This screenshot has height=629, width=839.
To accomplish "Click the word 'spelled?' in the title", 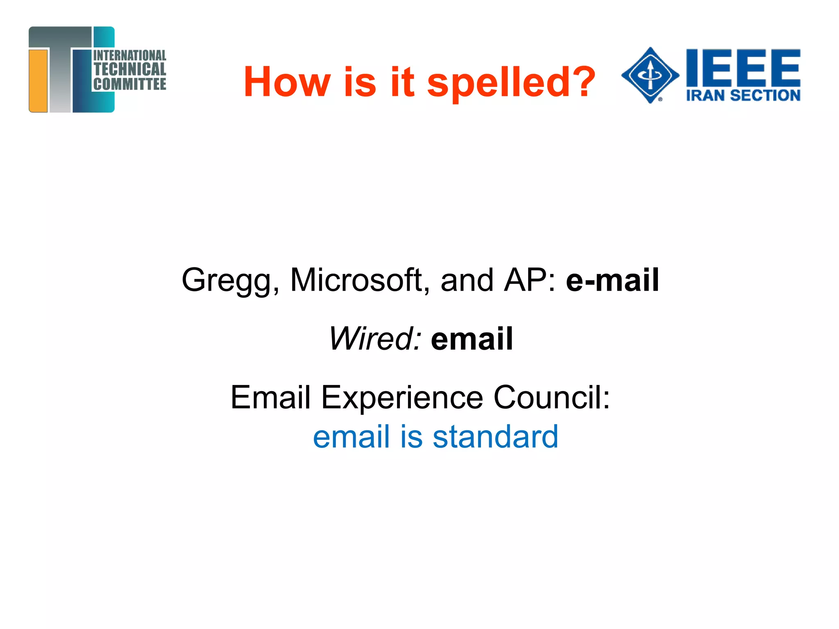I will point(511,83).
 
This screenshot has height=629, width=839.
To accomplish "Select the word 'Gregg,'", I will point(231,281).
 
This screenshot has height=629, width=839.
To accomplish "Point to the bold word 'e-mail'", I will point(612,280).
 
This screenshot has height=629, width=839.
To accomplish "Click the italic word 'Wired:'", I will point(375,339).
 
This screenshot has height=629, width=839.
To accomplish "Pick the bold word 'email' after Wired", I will point(472,339).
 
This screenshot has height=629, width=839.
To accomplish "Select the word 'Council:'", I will point(551,397).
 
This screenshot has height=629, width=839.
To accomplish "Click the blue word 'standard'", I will point(495,437).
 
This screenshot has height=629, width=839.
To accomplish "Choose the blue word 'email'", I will point(351,437).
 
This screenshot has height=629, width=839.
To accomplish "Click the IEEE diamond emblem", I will point(650,75).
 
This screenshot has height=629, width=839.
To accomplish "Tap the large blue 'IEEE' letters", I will point(743,67).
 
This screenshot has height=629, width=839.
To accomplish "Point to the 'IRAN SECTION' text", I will point(743,95).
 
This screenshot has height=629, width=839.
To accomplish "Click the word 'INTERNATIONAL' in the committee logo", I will point(130,56).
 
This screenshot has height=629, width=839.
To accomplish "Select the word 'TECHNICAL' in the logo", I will point(130,69).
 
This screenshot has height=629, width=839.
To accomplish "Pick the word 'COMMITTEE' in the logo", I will point(130,84).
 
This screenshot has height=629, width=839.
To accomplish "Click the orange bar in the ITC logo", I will point(39,81).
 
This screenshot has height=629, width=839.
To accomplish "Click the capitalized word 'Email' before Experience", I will point(270,397).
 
